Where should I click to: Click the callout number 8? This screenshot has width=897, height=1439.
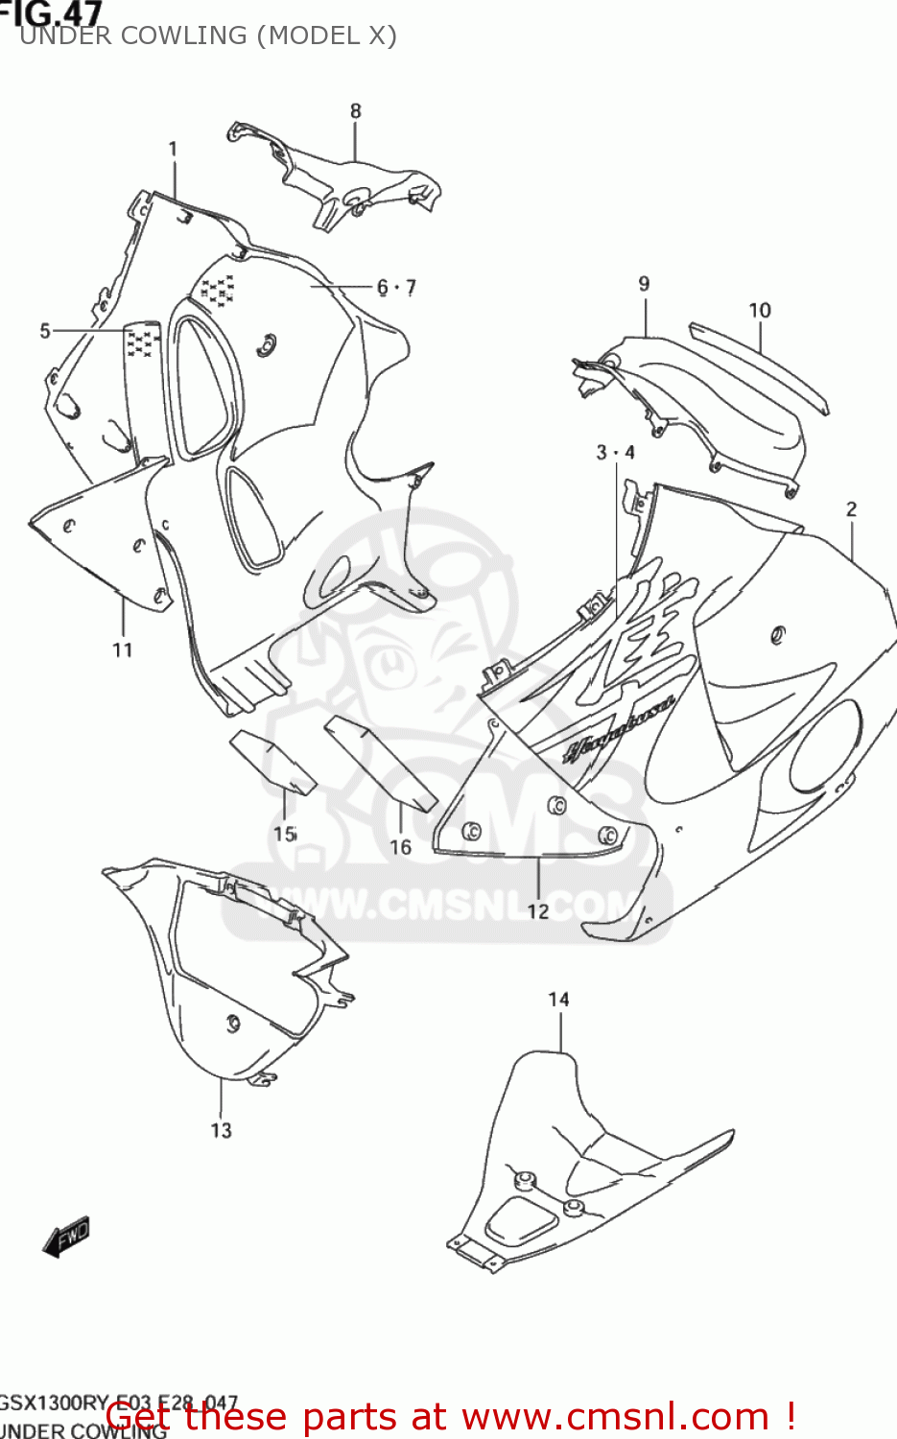pos(355,111)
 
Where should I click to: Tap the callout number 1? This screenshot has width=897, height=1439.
pos(173,150)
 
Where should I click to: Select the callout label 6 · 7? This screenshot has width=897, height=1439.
pos(396,287)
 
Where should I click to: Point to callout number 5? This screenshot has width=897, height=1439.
pos(45,331)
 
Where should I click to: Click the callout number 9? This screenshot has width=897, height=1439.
pos(644,284)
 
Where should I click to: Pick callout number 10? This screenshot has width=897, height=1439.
pos(759,311)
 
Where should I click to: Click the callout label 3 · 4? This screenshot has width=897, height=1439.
pos(615,452)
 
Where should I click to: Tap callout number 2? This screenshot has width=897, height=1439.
pos(851,509)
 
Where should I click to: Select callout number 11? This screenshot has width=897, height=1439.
pos(122,650)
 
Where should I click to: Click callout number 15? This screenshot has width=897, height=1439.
pos(285,834)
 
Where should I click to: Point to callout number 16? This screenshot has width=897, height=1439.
pos(400,847)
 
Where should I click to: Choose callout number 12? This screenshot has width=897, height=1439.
pos(538,910)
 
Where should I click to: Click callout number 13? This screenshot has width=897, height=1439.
pos(221,1130)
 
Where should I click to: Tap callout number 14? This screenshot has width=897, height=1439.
pos(558,1000)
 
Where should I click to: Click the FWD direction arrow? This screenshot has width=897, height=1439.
pos(66,1237)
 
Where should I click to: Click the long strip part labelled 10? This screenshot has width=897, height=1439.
pos(758,365)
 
